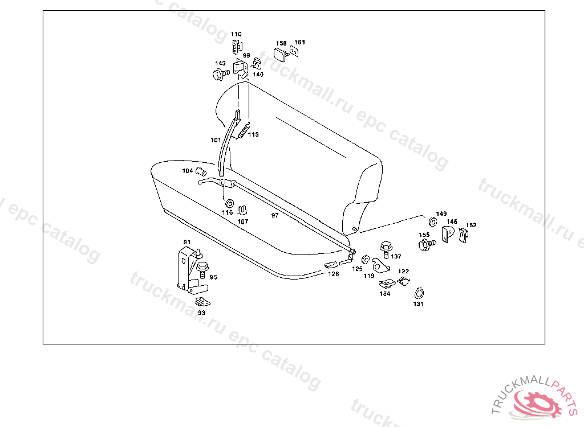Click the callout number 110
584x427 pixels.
click(x=236, y=34)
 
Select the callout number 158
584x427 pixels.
click(x=281, y=43)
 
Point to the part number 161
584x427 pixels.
click(x=299, y=42)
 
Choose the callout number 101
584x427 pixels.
click(x=215, y=139)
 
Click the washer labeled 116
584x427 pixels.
click(x=229, y=203)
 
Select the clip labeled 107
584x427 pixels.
click(x=242, y=211)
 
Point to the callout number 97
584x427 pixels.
click(x=275, y=215)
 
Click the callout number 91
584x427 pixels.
click(x=186, y=243)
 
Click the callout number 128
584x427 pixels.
click(x=333, y=274)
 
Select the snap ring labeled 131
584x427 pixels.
click(x=419, y=293)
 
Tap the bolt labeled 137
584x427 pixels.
click(x=386, y=248)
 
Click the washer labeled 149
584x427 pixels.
click(x=432, y=221)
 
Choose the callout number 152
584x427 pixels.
click(x=471, y=225)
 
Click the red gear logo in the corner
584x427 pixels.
click(x=534, y=403)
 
